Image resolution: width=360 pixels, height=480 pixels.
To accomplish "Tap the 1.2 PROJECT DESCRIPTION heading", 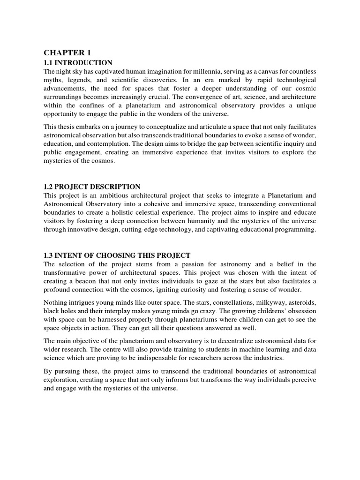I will tap(92, 187).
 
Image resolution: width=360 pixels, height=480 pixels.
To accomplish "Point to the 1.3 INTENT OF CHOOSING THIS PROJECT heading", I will tap(117, 255).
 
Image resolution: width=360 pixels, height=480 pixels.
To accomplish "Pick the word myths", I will tap(52, 80).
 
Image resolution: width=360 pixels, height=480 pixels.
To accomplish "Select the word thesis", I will tap(67, 127).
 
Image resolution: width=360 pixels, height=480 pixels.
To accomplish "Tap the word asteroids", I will tap(300, 302).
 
